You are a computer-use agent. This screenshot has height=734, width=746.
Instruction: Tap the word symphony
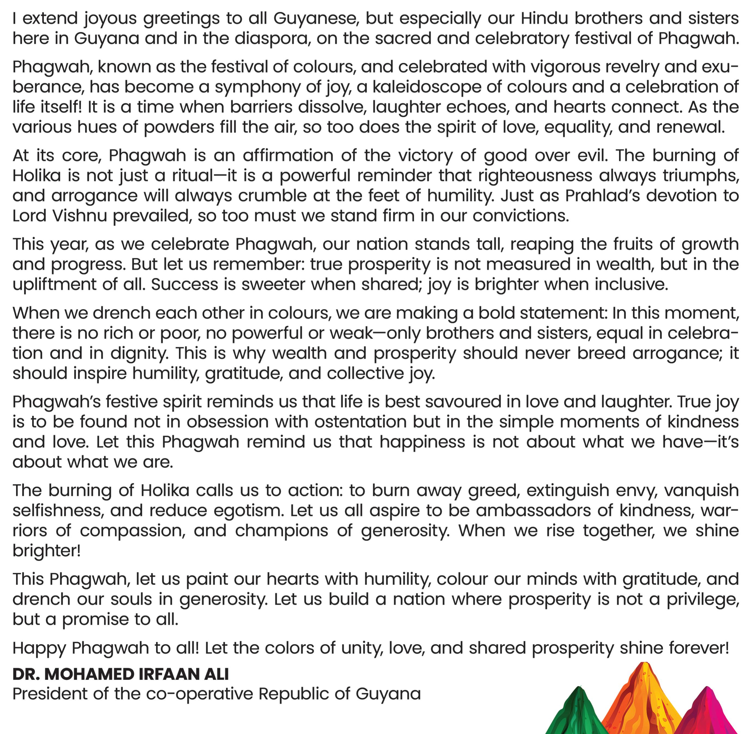click(257, 87)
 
